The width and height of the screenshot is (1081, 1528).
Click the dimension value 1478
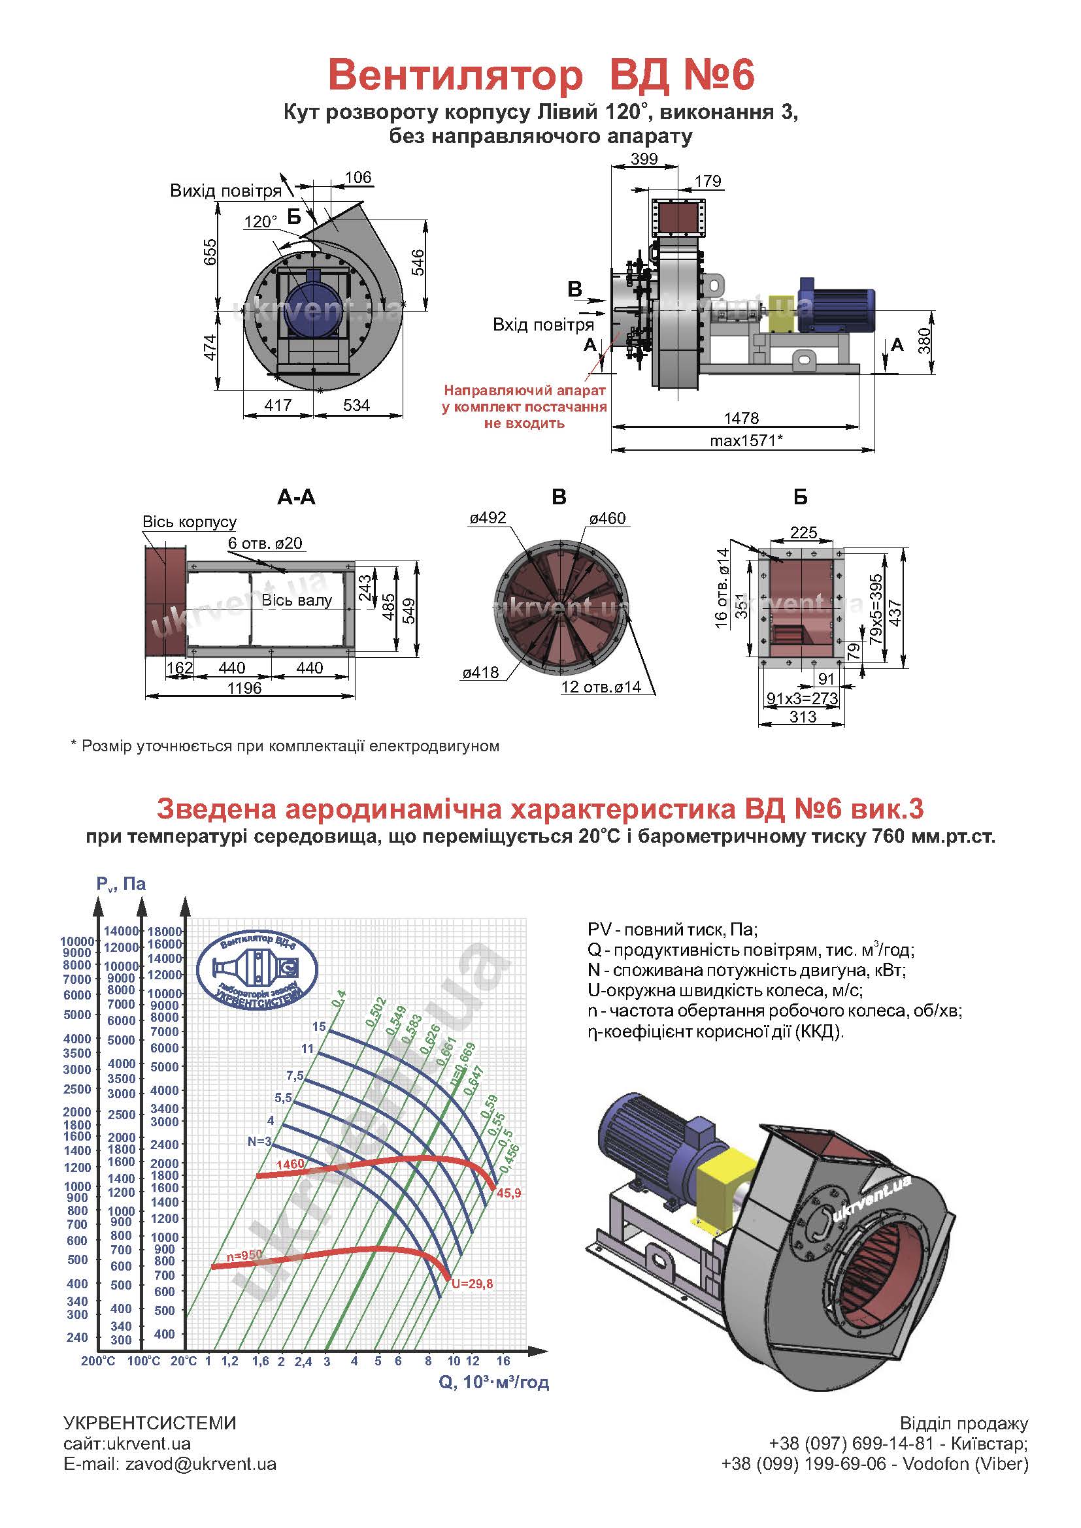[x=742, y=418]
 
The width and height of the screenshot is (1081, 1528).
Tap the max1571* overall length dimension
[x=746, y=440]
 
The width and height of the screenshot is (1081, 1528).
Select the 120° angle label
[x=261, y=221]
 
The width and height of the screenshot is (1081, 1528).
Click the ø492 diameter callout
[x=488, y=518]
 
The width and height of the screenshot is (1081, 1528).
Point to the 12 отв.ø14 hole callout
[x=601, y=687]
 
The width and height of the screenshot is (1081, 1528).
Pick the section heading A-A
[x=296, y=497]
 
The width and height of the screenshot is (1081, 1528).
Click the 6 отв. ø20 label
[x=265, y=543]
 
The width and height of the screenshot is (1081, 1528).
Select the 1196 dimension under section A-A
[x=244, y=688]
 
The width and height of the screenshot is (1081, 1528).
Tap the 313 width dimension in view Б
[x=803, y=717]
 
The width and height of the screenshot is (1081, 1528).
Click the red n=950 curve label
[x=244, y=1255]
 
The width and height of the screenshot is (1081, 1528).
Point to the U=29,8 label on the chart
[x=472, y=1284]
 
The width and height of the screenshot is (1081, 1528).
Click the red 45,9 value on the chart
[x=508, y=1194]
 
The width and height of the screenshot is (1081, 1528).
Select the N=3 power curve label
[x=259, y=1141]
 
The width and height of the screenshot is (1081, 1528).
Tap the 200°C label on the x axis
[x=98, y=1361]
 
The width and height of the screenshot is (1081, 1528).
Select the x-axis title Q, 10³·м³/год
[x=494, y=1382]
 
